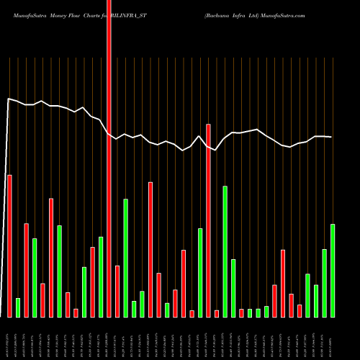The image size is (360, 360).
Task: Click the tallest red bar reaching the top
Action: [x=109, y=158]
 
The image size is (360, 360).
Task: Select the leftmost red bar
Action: [x=9, y=246]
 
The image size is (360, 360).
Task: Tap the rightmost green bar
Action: [x=333, y=270]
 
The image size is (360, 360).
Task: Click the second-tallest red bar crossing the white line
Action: [x=208, y=220]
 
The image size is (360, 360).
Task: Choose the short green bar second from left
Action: [x=18, y=307]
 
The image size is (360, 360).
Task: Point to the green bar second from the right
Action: [x=324, y=283]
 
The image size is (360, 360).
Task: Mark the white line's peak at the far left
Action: [x=8, y=99]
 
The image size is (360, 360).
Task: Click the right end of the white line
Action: [x=332, y=137]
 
